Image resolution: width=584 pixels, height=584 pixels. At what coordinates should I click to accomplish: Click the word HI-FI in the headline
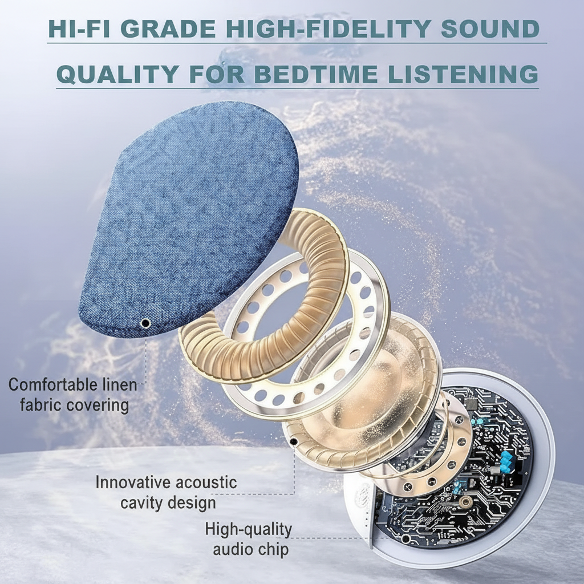pyautogui.click(x=79, y=29)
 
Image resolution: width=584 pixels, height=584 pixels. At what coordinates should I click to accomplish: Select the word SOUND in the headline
pyautogui.click(x=490, y=29)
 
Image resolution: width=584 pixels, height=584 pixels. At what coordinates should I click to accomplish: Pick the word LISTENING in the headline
pyautogui.click(x=463, y=74)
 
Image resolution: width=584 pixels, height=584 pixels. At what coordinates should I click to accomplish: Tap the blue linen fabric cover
pyautogui.click(x=190, y=220)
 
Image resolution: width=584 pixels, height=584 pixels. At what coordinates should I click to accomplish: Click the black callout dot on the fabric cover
pyautogui.click(x=145, y=323)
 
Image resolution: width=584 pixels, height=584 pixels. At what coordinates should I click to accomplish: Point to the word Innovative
pyautogui.click(x=133, y=482)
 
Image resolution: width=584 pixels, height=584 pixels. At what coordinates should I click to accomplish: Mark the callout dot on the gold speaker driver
pyautogui.click(x=294, y=442)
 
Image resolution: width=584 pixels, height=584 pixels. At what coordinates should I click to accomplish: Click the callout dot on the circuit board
pyautogui.click(x=406, y=538)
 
